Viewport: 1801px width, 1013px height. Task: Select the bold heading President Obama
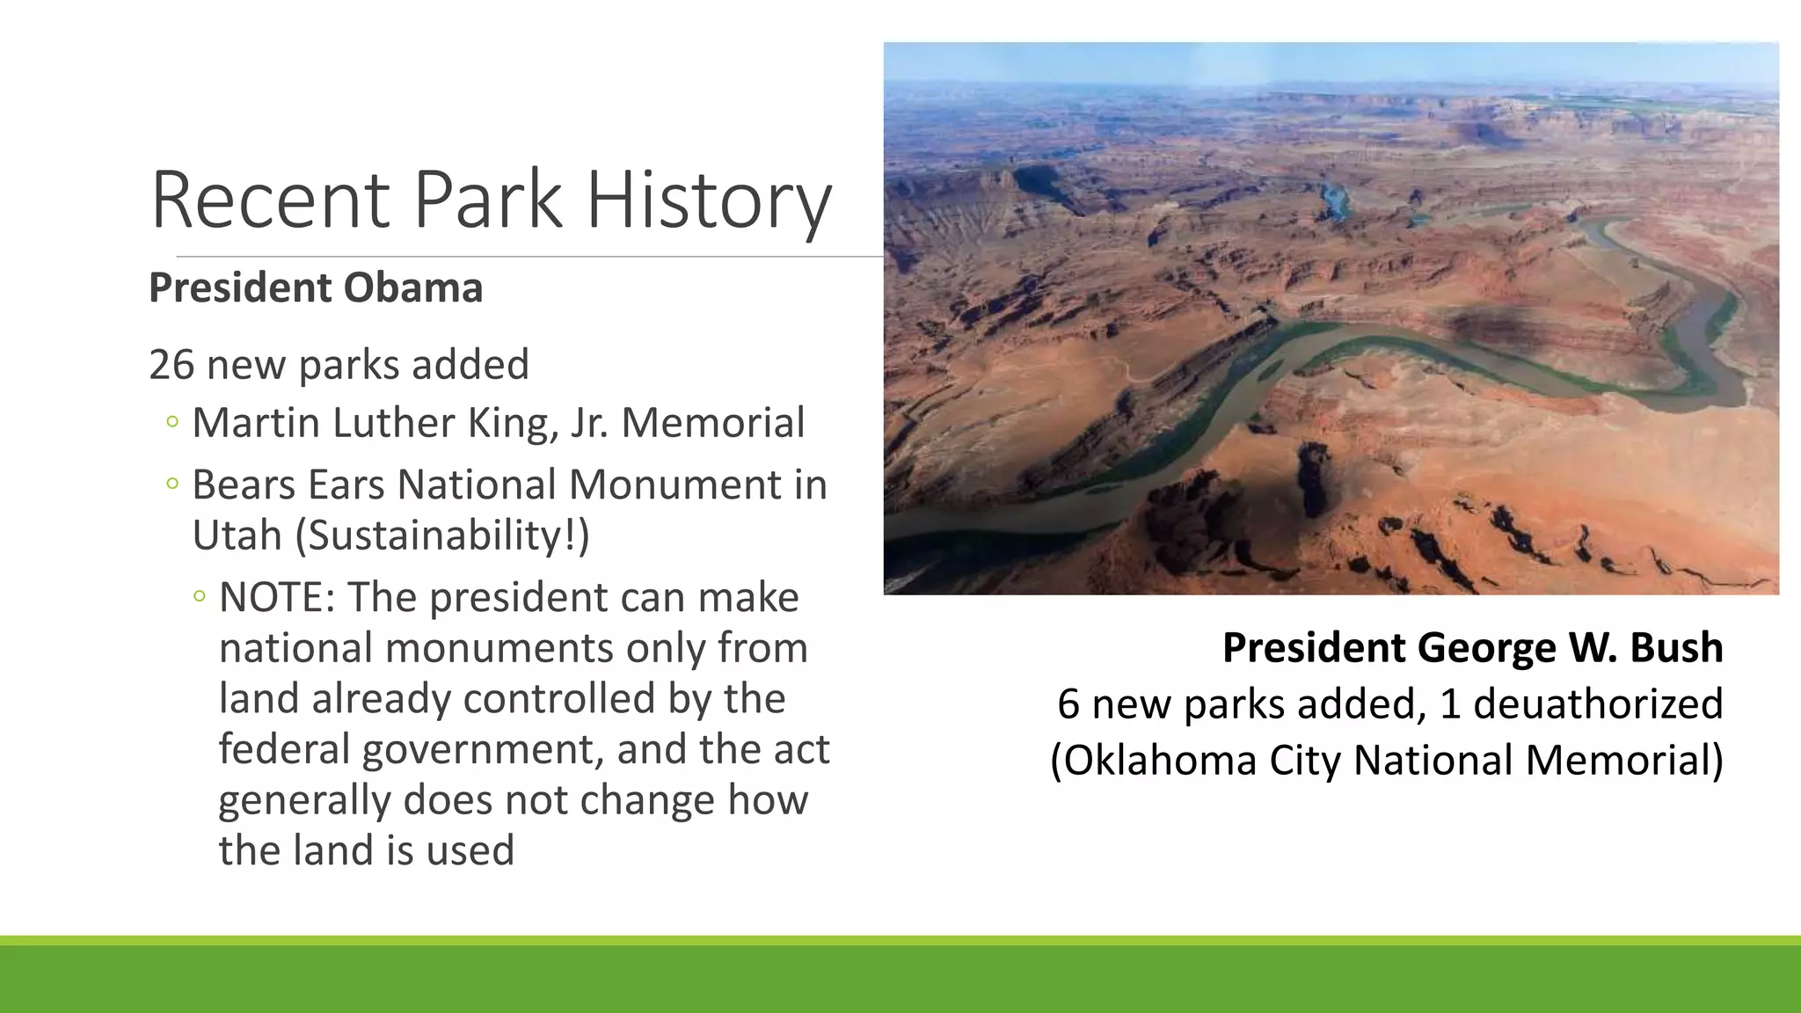coord(316,288)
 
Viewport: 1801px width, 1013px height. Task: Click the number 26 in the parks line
coord(171,364)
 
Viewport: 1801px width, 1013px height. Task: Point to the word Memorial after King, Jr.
coord(712,422)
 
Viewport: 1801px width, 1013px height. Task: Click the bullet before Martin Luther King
coord(172,423)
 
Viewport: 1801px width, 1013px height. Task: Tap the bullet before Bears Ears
coord(172,484)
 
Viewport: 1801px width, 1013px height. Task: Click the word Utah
coord(237,535)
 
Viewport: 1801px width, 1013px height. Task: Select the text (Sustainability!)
coord(442,535)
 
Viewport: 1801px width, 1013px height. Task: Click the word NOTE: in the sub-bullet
coord(277,597)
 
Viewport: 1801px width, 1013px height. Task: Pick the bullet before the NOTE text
coord(200,597)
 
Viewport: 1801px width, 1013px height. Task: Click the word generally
coord(304,799)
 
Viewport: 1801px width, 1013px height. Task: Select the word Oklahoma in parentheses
coord(1153,760)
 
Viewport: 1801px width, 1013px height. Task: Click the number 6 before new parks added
coord(1068,703)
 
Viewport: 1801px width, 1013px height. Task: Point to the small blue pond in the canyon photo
coord(1335,201)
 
